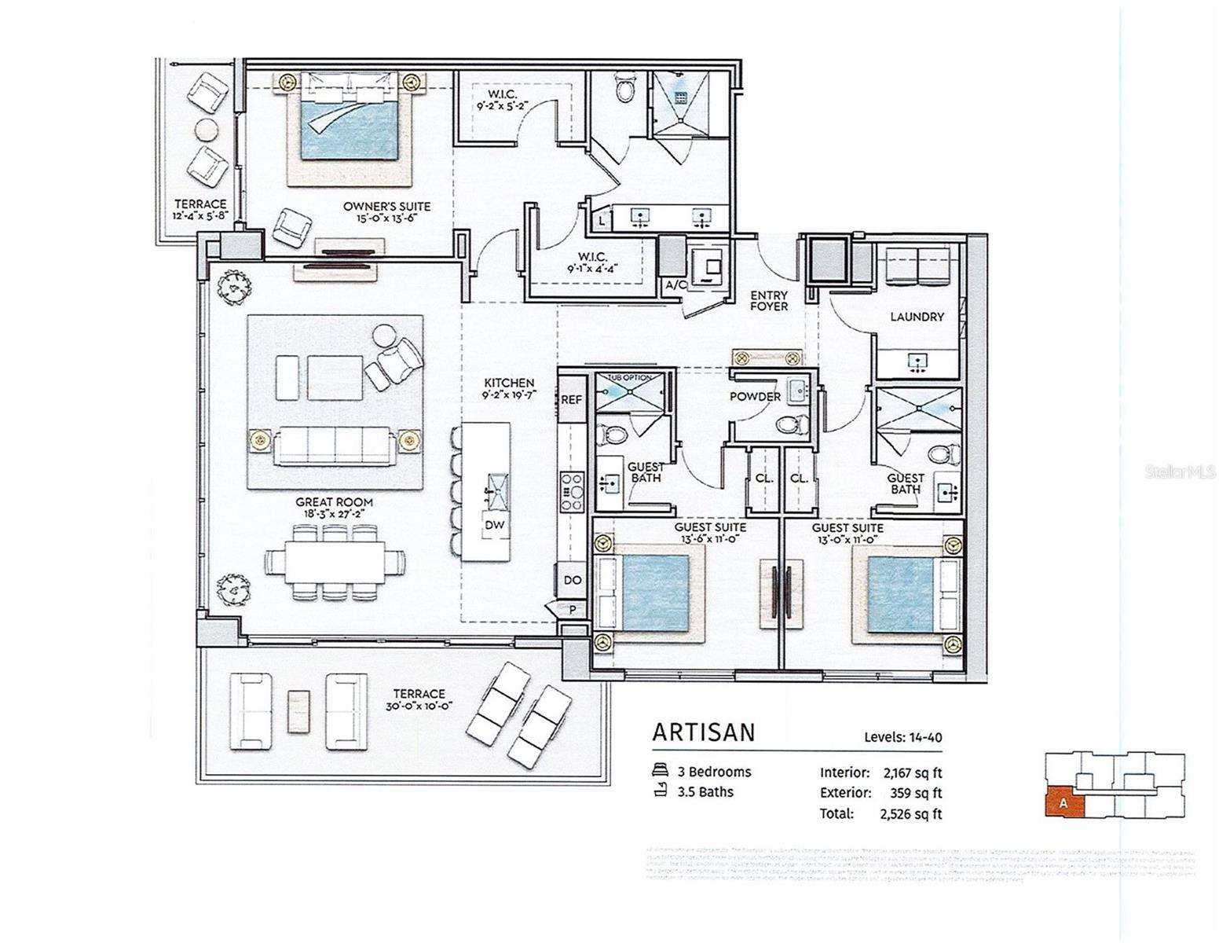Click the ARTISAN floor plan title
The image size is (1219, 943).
coord(703,732)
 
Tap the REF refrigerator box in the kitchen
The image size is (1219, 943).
coord(571,400)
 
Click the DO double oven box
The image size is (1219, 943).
coord(573,580)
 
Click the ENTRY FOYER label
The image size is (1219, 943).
coord(768,301)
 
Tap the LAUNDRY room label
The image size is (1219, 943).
coord(917,317)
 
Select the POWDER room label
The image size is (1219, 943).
coord(755,397)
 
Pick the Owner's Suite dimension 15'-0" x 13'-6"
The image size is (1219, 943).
coord(386,218)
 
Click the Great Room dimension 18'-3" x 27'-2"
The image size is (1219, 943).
coord(334,513)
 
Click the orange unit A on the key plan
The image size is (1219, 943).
coord(1064,803)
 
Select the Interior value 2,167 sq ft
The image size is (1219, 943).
coord(912,773)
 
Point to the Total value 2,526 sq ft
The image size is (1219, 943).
coord(910,814)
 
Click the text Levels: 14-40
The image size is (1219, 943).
coord(902,737)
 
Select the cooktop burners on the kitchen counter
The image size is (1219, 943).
coord(571,489)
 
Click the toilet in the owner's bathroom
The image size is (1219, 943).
coord(626,90)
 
